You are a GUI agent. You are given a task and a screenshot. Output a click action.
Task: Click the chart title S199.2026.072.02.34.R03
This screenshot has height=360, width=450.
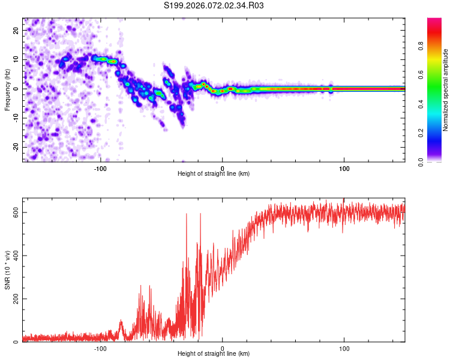(214, 6)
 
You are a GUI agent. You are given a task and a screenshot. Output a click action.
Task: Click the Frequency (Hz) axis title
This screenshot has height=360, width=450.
(8, 90)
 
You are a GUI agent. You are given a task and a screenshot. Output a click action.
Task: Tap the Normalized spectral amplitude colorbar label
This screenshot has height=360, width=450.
(446, 91)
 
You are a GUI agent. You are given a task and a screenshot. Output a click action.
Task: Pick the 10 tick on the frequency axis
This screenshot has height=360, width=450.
(16, 59)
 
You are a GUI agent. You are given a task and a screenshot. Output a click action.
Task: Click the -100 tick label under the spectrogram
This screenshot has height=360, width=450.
(100, 167)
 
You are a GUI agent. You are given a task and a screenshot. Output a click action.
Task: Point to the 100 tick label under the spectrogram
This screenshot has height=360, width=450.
(344, 167)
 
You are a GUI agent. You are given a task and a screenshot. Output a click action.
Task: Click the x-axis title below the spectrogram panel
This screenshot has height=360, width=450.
(214, 174)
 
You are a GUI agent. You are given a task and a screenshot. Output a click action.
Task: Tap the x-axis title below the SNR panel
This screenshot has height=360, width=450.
(214, 355)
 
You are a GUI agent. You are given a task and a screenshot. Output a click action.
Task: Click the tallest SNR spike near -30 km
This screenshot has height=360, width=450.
(187, 214)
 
